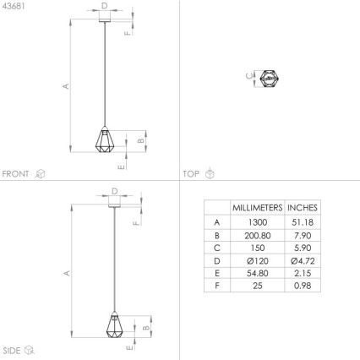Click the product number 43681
pyautogui.click(x=14, y=6)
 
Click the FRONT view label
pyautogui.click(x=16, y=173)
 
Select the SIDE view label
pyautogui.click(x=12, y=349)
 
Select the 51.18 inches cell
pyautogui.click(x=303, y=221)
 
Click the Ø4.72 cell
pyautogui.click(x=303, y=260)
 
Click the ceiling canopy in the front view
pyautogui.click(x=104, y=15)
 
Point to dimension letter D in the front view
pyautogui.click(x=104, y=5)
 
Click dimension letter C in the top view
pyautogui.click(x=248, y=76)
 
